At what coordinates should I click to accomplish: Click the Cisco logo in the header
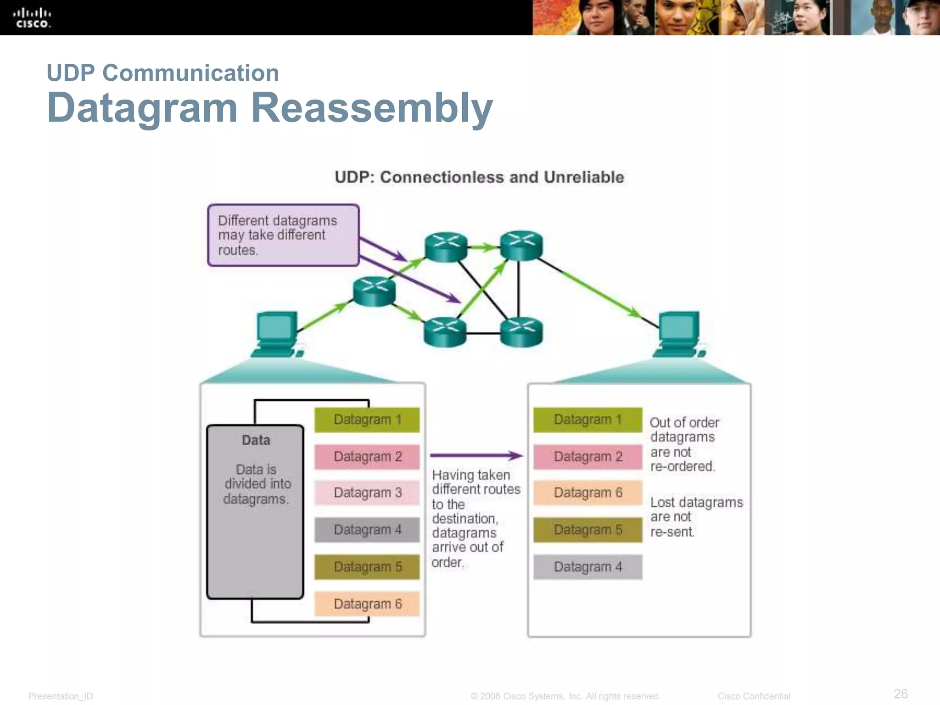pos(32,18)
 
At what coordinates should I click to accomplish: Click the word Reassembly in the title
pos(372,108)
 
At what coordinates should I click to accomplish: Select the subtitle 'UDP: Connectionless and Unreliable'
pos(479,177)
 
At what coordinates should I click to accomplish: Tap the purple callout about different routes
pos(283,235)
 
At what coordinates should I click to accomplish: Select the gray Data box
pos(255,512)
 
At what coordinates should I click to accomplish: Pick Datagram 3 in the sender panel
pos(367,492)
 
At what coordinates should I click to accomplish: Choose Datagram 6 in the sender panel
pos(367,604)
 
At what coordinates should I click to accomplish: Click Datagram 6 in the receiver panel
pos(587,492)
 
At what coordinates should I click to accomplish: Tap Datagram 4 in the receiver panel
pos(587,567)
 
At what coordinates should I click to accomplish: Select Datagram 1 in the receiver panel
pos(587,420)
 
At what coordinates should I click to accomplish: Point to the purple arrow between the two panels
pos(476,456)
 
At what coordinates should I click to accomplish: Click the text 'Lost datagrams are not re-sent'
pos(695,517)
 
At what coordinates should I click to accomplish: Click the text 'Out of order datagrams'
pos(684,430)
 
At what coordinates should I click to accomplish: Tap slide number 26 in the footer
pos(901,694)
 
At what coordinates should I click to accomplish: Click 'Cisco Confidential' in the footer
pos(754,696)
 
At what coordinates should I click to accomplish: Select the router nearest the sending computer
pos(374,291)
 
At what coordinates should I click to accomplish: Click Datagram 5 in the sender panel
pos(367,567)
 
